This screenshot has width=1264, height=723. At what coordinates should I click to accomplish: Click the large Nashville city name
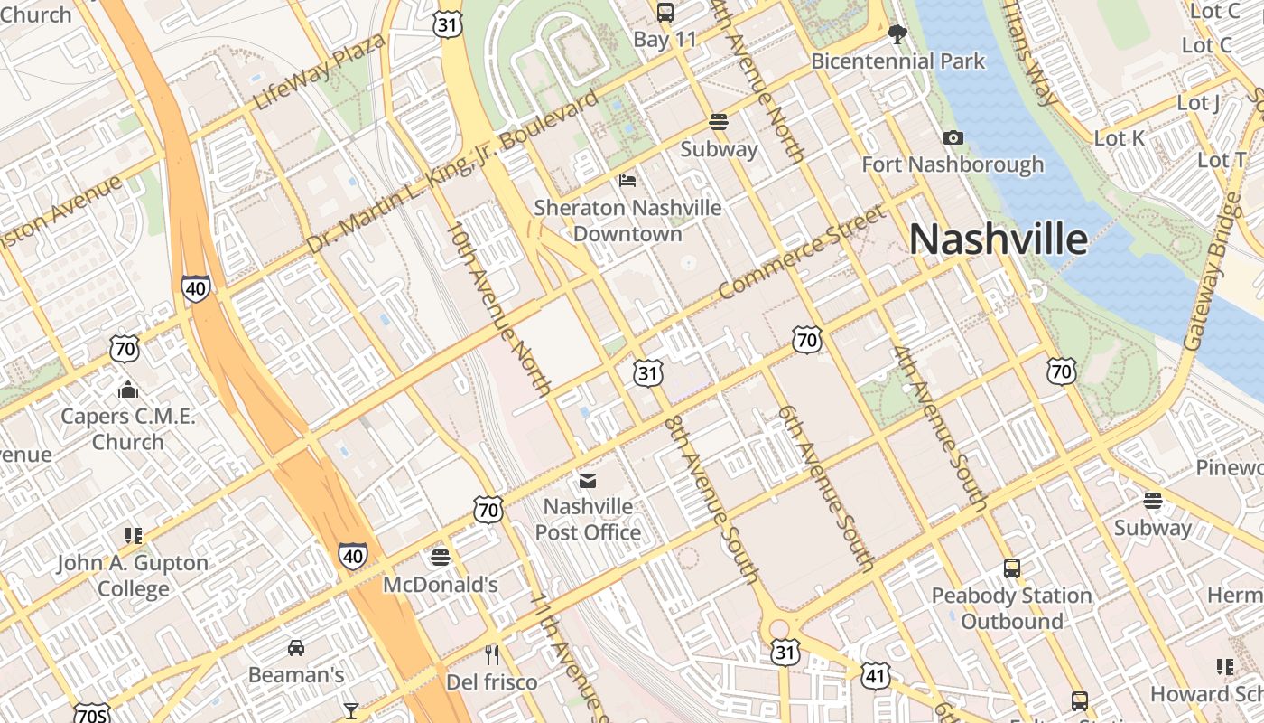(x=998, y=239)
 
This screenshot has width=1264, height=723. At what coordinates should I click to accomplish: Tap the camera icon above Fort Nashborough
(x=953, y=138)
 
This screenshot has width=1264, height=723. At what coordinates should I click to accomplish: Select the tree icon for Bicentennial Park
(x=897, y=35)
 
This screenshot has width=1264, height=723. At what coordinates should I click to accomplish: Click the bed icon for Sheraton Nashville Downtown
(x=627, y=181)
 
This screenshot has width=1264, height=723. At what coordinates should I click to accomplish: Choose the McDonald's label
(x=441, y=585)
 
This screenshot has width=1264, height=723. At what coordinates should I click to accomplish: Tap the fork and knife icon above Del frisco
(x=492, y=655)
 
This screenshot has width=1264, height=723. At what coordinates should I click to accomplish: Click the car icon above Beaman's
(x=296, y=648)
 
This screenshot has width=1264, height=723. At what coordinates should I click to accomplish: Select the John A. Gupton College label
(x=133, y=576)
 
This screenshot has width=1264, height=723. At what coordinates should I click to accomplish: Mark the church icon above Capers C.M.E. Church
(x=128, y=390)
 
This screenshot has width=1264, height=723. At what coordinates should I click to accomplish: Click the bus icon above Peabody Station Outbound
(x=1012, y=568)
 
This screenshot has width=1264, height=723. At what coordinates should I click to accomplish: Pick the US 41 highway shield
(x=876, y=675)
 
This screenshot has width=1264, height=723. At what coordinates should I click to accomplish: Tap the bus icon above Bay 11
(x=665, y=13)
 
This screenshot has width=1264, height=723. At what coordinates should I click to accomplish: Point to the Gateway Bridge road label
(x=1212, y=271)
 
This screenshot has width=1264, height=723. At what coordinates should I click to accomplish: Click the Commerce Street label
(x=803, y=252)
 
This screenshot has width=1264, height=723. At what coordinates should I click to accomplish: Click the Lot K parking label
(x=1119, y=138)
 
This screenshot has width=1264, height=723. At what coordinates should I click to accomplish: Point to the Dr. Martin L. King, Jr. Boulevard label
(x=451, y=171)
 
